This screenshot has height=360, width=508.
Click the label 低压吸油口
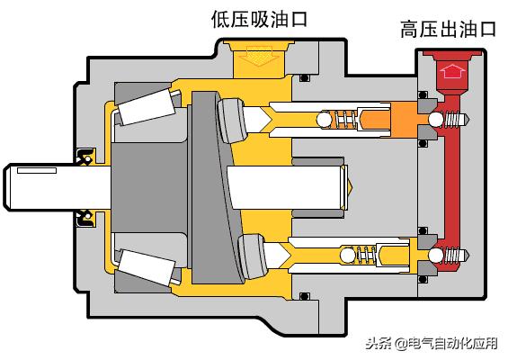[x=259, y=19]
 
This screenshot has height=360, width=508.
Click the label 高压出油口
[x=448, y=29]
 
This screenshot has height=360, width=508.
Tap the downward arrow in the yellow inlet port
[x=259, y=56]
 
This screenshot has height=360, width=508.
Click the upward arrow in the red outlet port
[x=452, y=71]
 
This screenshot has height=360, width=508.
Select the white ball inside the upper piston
[x=325, y=120]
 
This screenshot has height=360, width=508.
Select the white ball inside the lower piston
[x=347, y=255]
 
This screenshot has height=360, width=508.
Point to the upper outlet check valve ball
[x=436, y=120]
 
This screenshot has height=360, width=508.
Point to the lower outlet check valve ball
[x=436, y=256]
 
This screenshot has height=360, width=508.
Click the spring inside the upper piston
[x=344, y=120]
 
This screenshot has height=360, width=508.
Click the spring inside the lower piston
[x=367, y=255]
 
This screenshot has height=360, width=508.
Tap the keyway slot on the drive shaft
[x=37, y=170]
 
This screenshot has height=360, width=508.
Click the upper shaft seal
[x=85, y=156]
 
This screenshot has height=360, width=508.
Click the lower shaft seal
[x=85, y=219]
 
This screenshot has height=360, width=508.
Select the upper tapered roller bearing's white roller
[x=147, y=107]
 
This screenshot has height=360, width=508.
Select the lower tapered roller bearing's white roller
[x=147, y=267]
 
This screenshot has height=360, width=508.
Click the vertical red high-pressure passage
[x=452, y=182]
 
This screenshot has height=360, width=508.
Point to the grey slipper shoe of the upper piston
[x=232, y=121]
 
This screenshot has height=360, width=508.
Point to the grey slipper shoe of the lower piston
[x=253, y=256]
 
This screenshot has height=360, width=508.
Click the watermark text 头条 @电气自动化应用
[x=432, y=344]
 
